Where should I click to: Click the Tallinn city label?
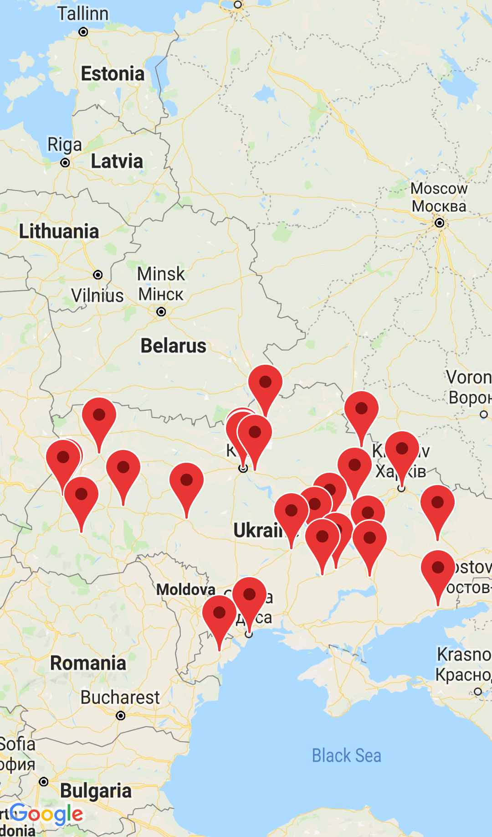point(83,14)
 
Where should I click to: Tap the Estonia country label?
point(113,74)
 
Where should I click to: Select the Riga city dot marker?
point(65,163)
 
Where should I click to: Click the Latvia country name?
point(117,161)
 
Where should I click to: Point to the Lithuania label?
point(59,232)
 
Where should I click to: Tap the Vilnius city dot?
point(97,275)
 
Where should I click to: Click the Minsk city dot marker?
point(161,312)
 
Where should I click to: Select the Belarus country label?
point(173,346)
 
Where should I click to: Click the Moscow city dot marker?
point(439,223)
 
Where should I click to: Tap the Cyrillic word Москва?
point(439,207)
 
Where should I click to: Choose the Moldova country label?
point(186,589)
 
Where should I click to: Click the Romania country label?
point(88,663)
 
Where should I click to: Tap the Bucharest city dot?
point(121,716)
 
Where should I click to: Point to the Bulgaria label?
point(96,791)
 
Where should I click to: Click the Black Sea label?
point(346,756)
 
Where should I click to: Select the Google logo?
point(46,814)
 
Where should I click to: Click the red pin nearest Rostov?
point(438,568)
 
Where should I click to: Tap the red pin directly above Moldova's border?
point(186,480)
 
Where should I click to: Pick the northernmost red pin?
point(265,382)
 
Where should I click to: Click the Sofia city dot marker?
point(44,782)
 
